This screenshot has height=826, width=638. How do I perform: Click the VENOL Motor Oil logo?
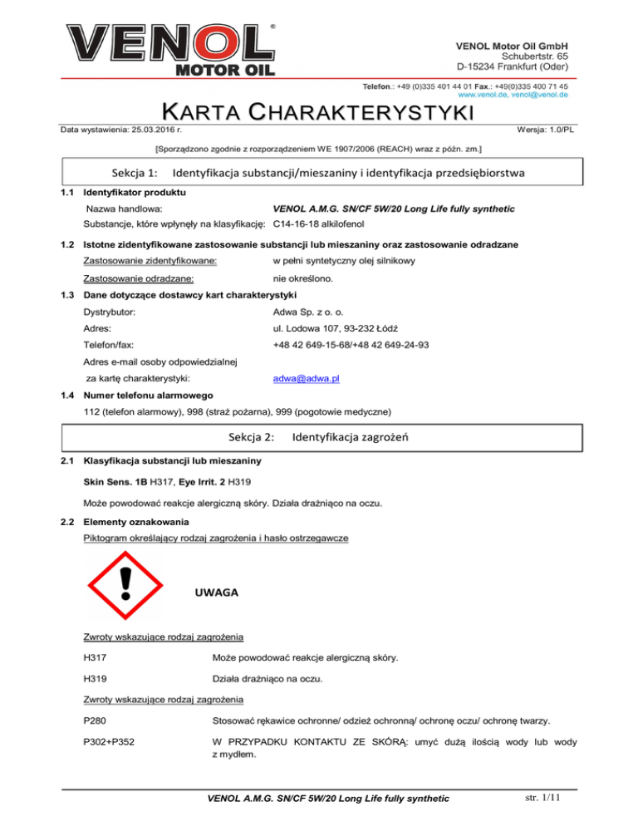170,49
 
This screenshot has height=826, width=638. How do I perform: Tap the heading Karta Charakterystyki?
318,112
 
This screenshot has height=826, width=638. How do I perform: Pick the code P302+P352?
111,755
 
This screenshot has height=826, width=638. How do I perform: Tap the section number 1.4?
70,396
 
